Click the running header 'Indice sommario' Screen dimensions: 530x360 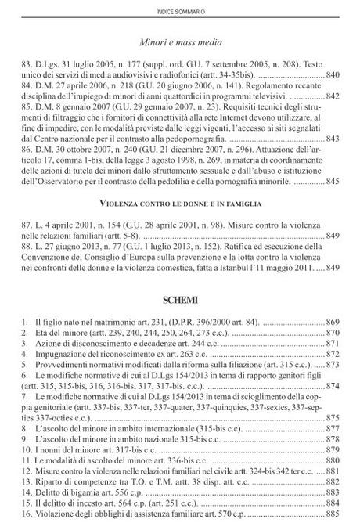point(180,11)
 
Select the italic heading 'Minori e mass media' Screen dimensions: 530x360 point(179,42)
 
